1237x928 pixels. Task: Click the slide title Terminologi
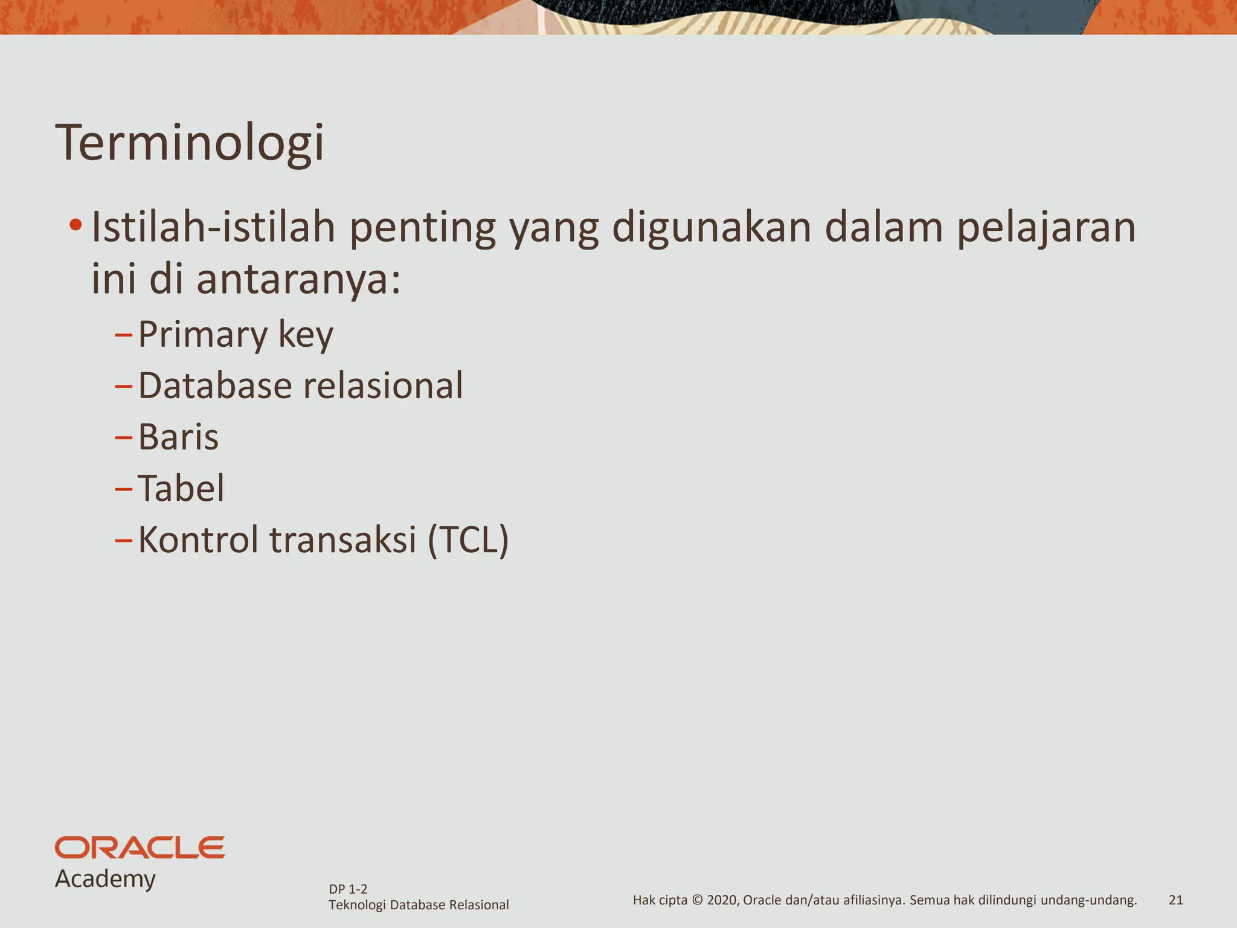(190, 143)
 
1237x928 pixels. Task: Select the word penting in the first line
(422, 228)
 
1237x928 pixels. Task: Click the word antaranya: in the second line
(298, 280)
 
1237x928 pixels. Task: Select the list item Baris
(178, 437)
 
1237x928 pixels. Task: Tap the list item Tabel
(181, 488)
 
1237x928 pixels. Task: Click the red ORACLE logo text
(140, 848)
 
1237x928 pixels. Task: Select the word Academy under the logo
(105, 878)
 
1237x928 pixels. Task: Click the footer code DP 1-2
(348, 889)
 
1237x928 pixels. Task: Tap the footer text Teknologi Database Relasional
(419, 905)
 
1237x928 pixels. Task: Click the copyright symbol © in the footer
(696, 900)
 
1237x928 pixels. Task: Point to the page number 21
(1175, 900)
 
